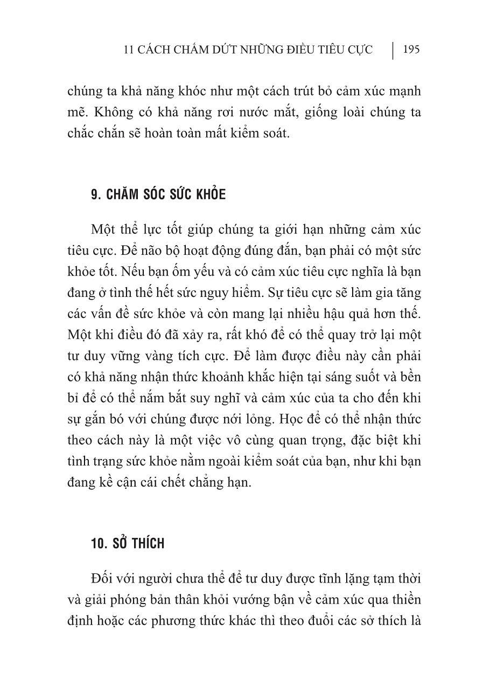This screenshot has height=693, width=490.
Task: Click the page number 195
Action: (411, 50)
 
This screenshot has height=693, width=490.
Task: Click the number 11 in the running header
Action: (128, 50)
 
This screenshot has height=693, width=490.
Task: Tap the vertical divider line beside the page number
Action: (393, 50)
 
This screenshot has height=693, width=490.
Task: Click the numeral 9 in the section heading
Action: (94, 195)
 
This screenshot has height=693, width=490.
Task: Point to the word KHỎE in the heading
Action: (210, 195)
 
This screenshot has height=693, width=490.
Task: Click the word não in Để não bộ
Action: (148, 251)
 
